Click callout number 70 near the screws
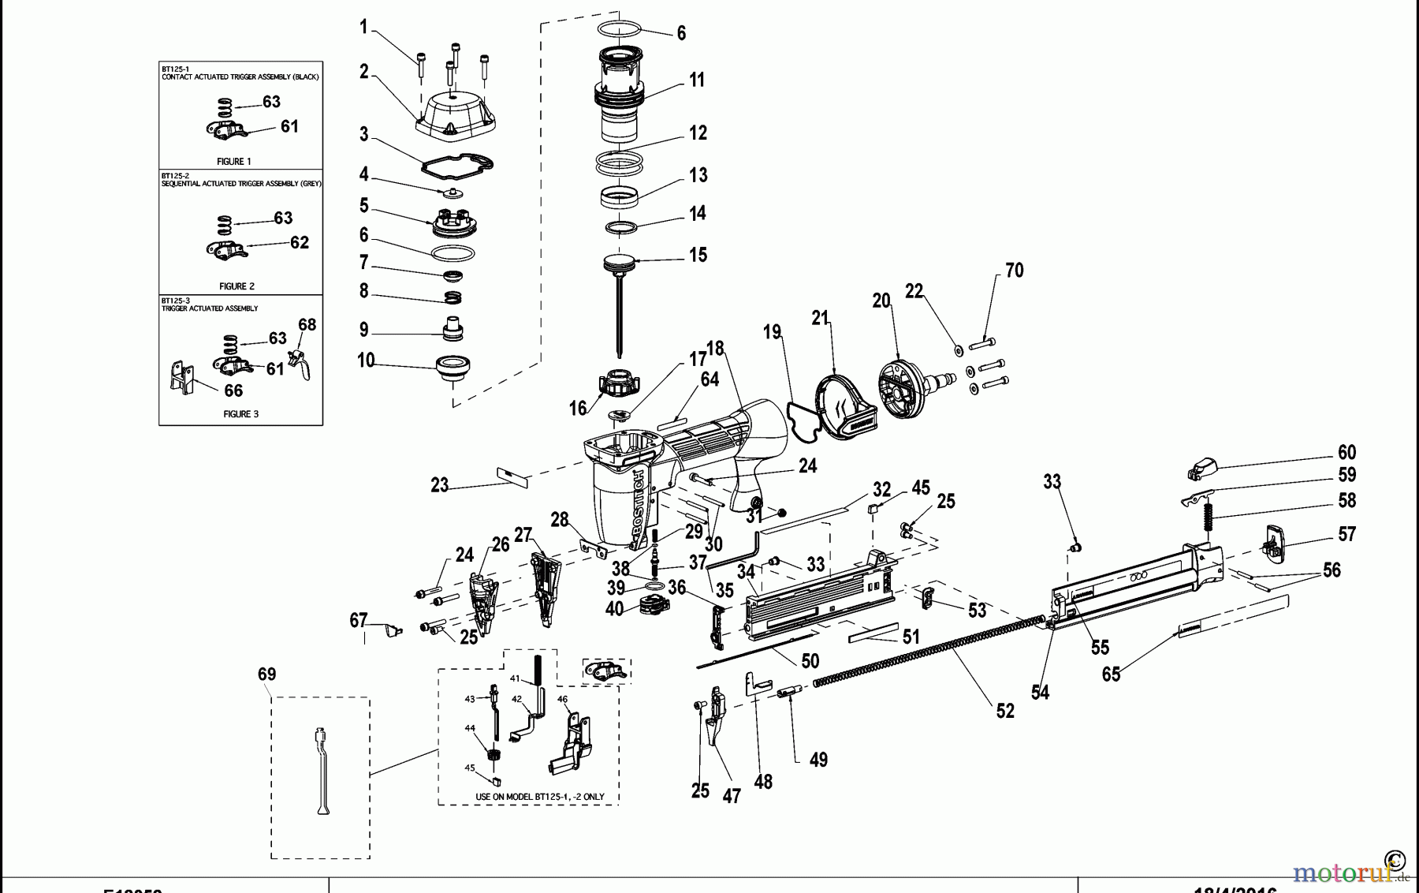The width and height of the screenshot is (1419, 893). (x=1014, y=271)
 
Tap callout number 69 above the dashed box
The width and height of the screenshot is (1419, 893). (x=266, y=674)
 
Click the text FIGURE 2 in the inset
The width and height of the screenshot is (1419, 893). (x=236, y=286)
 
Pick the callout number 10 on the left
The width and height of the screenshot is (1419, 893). (x=365, y=361)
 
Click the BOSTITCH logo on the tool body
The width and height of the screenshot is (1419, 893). (x=640, y=506)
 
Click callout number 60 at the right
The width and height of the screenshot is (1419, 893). (x=1346, y=452)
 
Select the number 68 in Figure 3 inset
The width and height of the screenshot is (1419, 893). (x=307, y=324)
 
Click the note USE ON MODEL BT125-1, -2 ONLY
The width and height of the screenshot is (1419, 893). (x=539, y=797)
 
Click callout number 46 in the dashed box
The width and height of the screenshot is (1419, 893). (x=562, y=699)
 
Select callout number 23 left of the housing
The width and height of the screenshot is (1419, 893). (x=439, y=485)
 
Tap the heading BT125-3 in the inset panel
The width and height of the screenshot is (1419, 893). (x=175, y=301)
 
